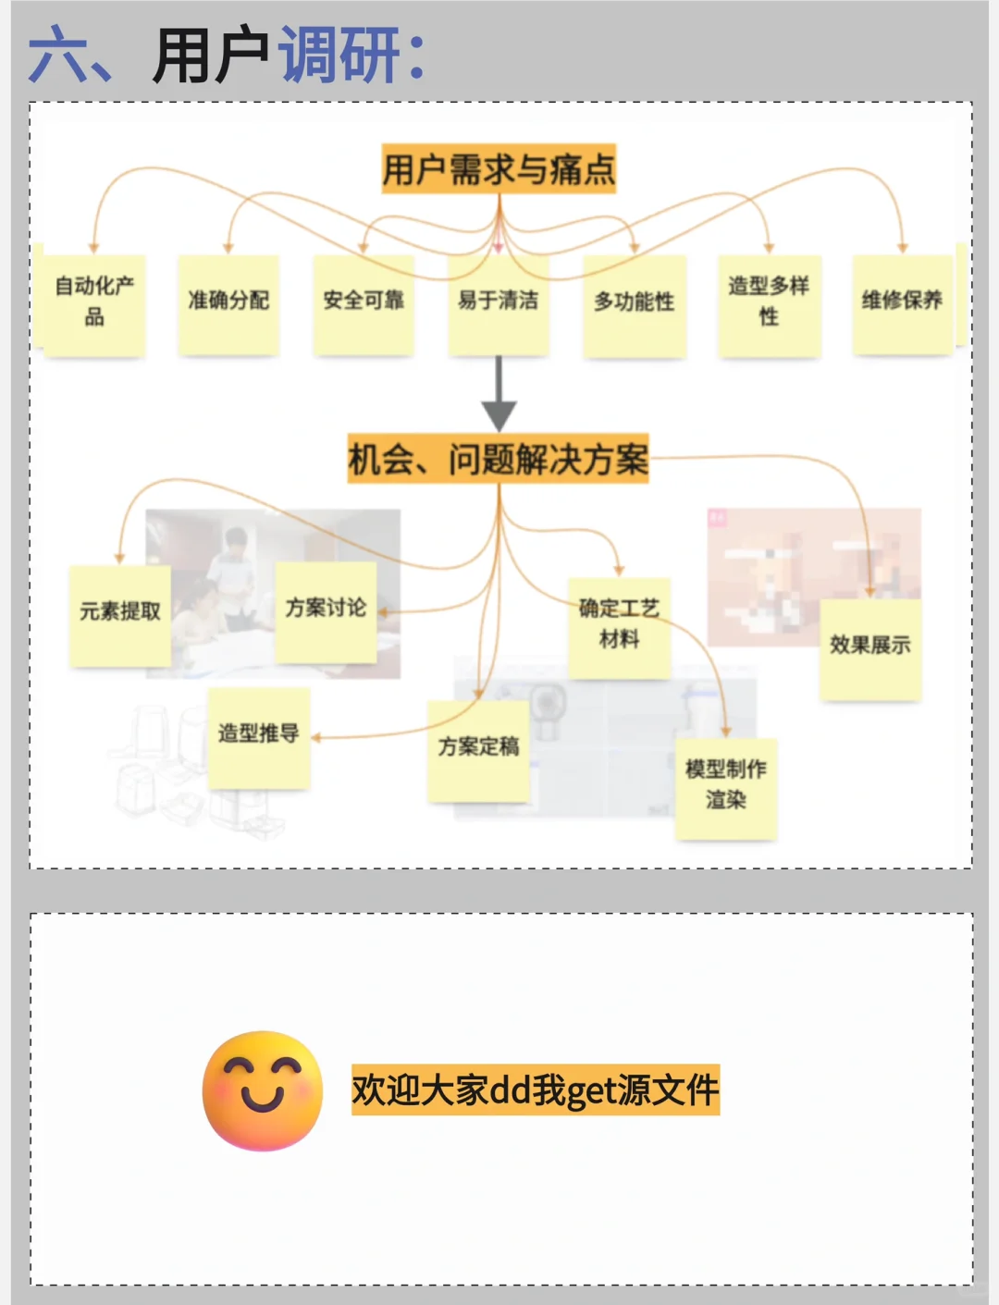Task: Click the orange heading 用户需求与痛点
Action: click(499, 168)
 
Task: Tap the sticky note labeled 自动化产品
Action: click(94, 303)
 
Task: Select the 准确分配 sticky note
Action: click(228, 303)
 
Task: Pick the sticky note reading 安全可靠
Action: click(364, 303)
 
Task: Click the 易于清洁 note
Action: click(499, 303)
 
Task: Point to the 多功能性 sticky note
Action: click(634, 304)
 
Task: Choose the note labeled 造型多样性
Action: click(769, 304)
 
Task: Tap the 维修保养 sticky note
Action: click(902, 303)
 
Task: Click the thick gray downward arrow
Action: click(499, 392)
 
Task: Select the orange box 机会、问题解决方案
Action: click(499, 459)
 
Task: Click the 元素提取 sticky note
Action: click(120, 615)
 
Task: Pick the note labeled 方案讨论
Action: click(326, 611)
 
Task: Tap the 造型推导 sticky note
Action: click(258, 737)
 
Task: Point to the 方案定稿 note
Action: click(478, 749)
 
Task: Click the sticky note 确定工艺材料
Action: click(619, 627)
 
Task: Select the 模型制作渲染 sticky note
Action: click(726, 788)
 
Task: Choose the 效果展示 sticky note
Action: click(869, 648)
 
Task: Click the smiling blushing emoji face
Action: click(263, 1090)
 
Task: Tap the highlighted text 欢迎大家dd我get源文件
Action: click(535, 1090)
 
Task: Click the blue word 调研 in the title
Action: click(339, 55)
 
